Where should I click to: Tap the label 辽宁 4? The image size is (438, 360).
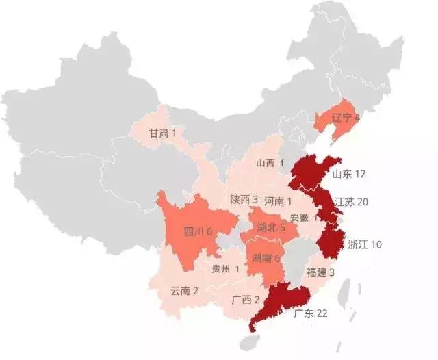[346, 117]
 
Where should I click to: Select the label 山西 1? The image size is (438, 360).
[270, 163]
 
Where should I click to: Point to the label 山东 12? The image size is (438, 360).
[349, 175]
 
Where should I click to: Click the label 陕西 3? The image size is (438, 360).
[244, 200]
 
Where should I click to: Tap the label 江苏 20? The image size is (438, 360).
[352, 202]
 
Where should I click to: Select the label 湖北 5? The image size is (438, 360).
[271, 227]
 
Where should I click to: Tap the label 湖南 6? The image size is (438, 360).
[268, 258]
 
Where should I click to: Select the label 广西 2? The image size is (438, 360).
[246, 300]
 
